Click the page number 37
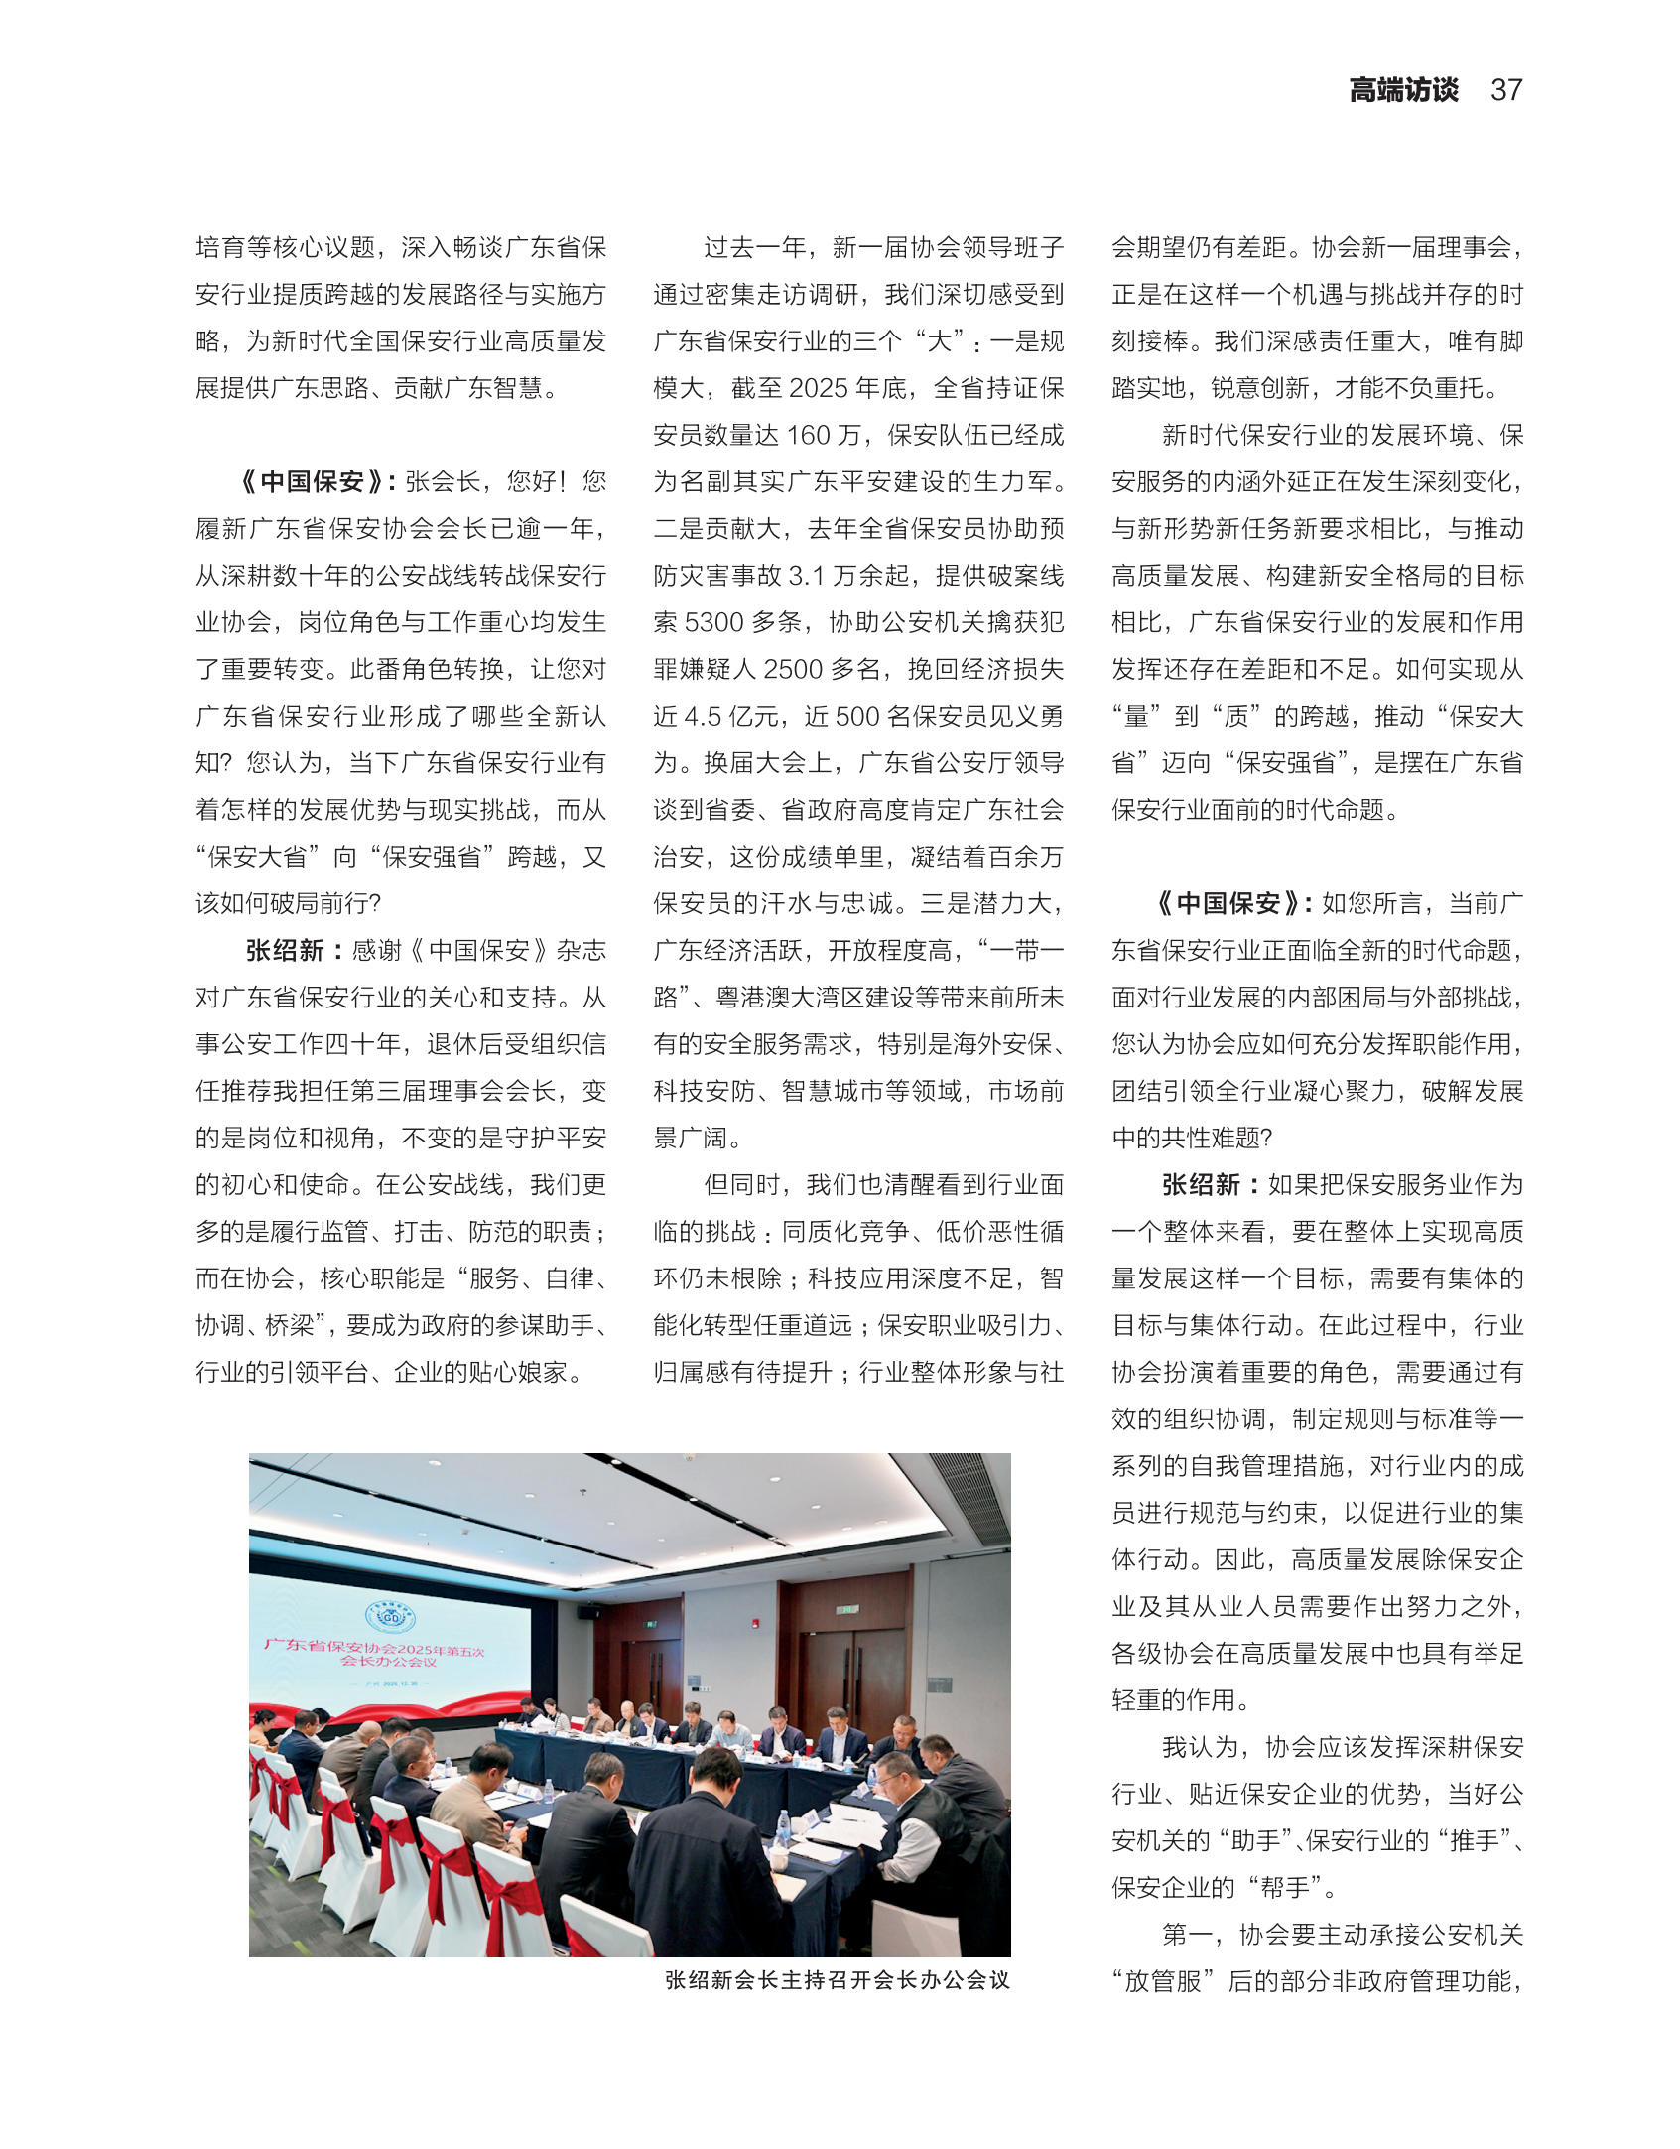pos(1505,90)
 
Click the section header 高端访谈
pos(1403,90)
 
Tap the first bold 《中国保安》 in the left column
pos(312,482)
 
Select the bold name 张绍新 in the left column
pos(285,951)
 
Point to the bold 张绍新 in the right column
pos(1201,1185)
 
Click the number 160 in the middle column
pos(808,436)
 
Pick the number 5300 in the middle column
pos(714,623)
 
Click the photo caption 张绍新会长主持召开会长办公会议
pos(838,1980)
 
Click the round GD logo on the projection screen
pos(390,1616)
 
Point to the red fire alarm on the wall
pos(756,1624)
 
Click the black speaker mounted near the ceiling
pos(588,1613)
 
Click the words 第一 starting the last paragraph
pos(1188,1935)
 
